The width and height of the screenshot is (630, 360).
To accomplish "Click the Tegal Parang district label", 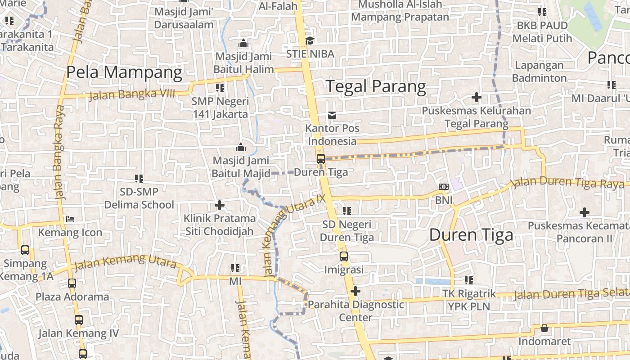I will click(376, 86).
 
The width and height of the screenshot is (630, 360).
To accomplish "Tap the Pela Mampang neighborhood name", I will click(124, 72).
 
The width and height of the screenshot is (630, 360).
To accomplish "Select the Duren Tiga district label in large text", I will click(471, 235).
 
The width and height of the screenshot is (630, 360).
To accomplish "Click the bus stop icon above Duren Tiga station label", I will click(320, 158).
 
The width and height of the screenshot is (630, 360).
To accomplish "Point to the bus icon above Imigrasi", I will click(344, 256).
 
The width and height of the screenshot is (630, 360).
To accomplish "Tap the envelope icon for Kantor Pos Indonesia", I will click(332, 115).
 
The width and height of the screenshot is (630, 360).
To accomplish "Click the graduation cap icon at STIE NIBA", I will click(310, 41).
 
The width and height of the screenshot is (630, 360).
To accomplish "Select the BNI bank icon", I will click(443, 187).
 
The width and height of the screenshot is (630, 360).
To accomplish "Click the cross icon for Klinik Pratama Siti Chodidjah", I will click(219, 206).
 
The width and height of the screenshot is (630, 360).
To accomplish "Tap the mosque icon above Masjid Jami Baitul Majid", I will click(241, 148).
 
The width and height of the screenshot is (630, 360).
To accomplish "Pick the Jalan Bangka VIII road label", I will click(139, 94).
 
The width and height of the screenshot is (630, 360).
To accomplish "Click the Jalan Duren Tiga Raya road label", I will click(567, 182).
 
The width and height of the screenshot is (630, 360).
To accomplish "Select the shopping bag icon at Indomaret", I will click(544, 328).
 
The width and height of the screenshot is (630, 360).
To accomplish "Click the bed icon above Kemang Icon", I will click(70, 219).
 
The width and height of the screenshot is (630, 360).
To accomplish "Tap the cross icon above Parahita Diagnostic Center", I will click(355, 291).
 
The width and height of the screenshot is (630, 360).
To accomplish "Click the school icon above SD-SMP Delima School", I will click(139, 179).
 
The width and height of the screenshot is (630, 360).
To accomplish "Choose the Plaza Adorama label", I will click(72, 297).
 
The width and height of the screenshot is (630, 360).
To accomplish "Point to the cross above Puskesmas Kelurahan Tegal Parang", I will click(476, 97).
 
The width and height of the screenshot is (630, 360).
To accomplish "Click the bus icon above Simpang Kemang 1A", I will click(25, 250).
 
